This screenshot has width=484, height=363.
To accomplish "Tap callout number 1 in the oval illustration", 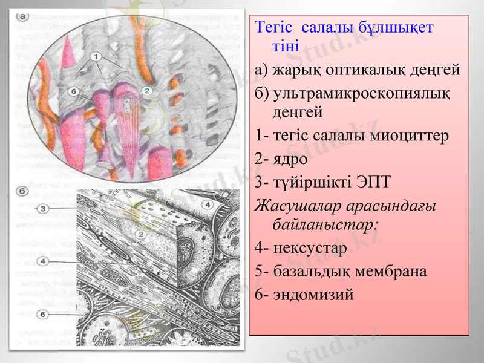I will [x=96, y=56].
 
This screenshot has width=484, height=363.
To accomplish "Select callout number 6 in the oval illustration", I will [x=74, y=91].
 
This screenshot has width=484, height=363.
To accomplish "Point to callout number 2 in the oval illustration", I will [x=146, y=91].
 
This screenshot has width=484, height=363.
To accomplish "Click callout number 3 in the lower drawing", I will [x=44, y=209].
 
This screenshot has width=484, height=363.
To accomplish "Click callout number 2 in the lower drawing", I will [x=140, y=234].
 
